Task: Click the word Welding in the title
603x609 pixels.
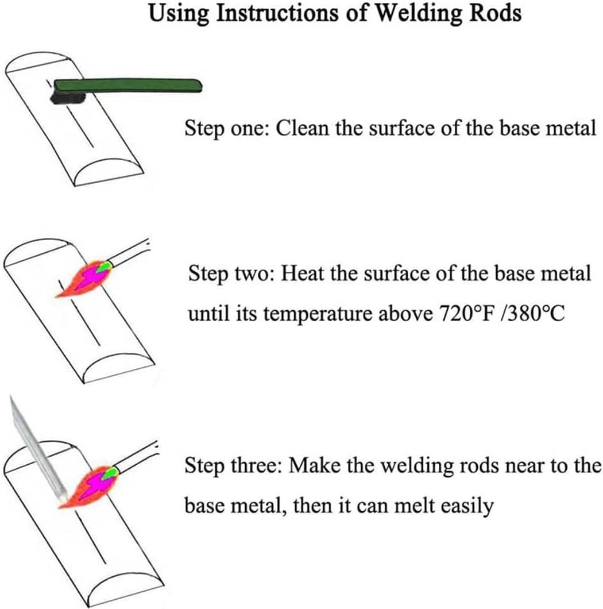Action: click(x=415, y=14)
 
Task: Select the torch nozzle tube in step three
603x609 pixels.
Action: click(x=137, y=456)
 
